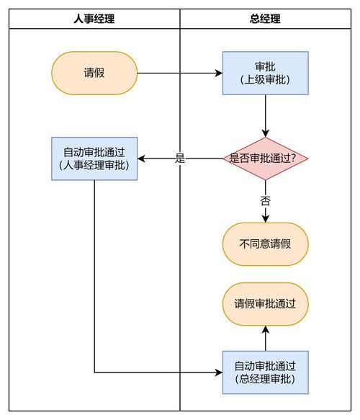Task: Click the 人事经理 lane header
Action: pyautogui.click(x=94, y=19)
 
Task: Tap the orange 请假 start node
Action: pyautogui.click(x=94, y=73)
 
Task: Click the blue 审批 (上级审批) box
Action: pyautogui.click(x=265, y=73)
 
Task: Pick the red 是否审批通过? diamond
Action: pyautogui.click(x=265, y=158)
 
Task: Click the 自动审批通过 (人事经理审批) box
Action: pyautogui.click(x=94, y=158)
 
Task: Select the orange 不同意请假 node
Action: pyautogui.click(x=265, y=243)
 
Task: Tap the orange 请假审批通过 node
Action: pyautogui.click(x=265, y=304)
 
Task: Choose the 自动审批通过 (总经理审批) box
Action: pyautogui.click(x=265, y=372)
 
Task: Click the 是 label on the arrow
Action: pyautogui.click(x=180, y=158)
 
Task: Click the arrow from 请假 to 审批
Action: pyautogui.click(x=180, y=73)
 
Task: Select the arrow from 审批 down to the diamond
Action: pyautogui.click(x=265, y=115)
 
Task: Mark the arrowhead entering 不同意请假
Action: pyautogui.click(x=265, y=218)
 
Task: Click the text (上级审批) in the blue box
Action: pyautogui.click(x=265, y=80)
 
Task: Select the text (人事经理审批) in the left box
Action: pyautogui.click(x=94, y=166)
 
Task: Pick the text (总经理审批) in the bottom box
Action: pyautogui.click(x=265, y=379)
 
